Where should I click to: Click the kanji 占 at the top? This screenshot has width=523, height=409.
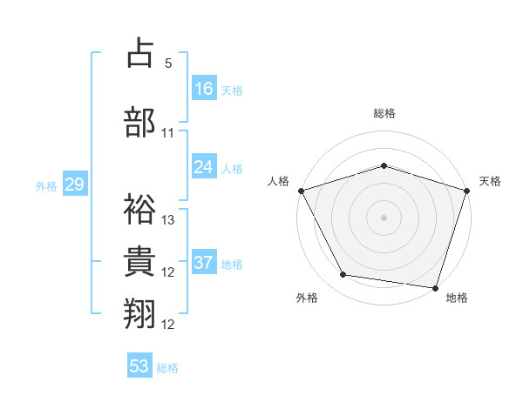(140, 53)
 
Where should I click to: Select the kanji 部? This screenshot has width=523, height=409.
(140, 122)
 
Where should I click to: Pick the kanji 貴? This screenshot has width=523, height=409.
(140, 261)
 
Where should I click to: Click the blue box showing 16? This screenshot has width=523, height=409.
(204, 88)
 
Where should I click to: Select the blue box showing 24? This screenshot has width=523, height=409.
(204, 167)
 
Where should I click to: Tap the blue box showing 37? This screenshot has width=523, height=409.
(204, 263)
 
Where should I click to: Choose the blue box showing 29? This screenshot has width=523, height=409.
(74, 184)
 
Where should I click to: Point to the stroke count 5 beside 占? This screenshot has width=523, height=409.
(168, 64)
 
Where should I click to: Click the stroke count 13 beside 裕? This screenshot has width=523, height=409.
(168, 220)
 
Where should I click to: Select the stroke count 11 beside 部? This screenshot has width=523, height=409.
(168, 133)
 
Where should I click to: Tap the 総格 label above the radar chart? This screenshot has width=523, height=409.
(384, 113)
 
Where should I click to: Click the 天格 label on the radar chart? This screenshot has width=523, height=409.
(491, 181)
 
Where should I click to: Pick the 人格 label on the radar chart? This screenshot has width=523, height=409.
(278, 181)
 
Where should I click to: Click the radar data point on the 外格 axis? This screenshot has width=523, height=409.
(343, 275)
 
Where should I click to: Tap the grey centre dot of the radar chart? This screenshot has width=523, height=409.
(384, 217)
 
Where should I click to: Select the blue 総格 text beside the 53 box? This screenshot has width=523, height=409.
(167, 367)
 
